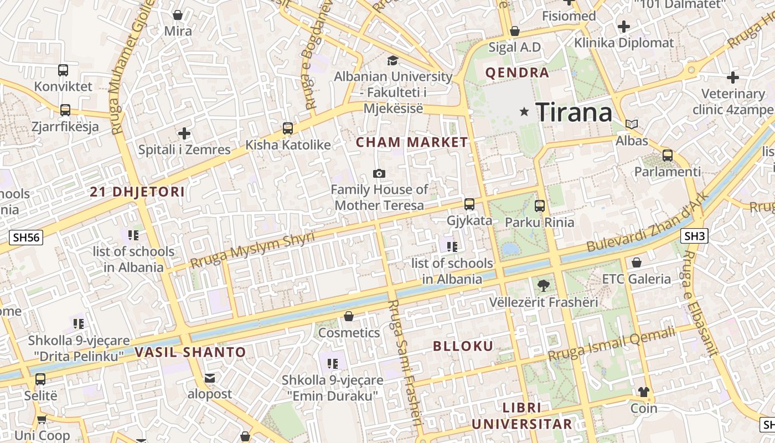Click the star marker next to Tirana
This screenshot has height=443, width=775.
(x=524, y=112)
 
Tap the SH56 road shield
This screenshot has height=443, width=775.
(x=27, y=238)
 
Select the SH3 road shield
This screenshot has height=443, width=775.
(x=694, y=236)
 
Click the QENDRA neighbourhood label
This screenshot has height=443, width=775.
(x=517, y=73)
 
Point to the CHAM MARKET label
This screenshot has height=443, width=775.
(x=412, y=142)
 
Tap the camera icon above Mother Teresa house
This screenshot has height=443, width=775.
(x=379, y=173)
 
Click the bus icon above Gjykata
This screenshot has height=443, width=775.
(x=469, y=204)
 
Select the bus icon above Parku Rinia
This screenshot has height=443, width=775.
(x=540, y=206)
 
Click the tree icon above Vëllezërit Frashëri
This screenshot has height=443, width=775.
(x=543, y=286)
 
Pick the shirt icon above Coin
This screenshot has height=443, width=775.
(x=643, y=392)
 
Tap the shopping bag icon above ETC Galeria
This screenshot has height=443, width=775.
(x=637, y=262)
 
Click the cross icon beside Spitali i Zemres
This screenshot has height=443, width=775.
(x=184, y=133)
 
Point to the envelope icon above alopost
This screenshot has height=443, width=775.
(x=210, y=378)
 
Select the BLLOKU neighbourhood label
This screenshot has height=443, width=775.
(x=463, y=347)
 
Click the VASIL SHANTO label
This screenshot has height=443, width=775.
(x=190, y=352)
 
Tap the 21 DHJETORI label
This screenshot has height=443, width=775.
(x=137, y=192)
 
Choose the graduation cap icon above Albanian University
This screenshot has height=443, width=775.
(x=392, y=60)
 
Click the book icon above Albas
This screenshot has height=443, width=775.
(x=632, y=124)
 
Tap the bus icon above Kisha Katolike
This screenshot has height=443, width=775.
(x=288, y=128)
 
